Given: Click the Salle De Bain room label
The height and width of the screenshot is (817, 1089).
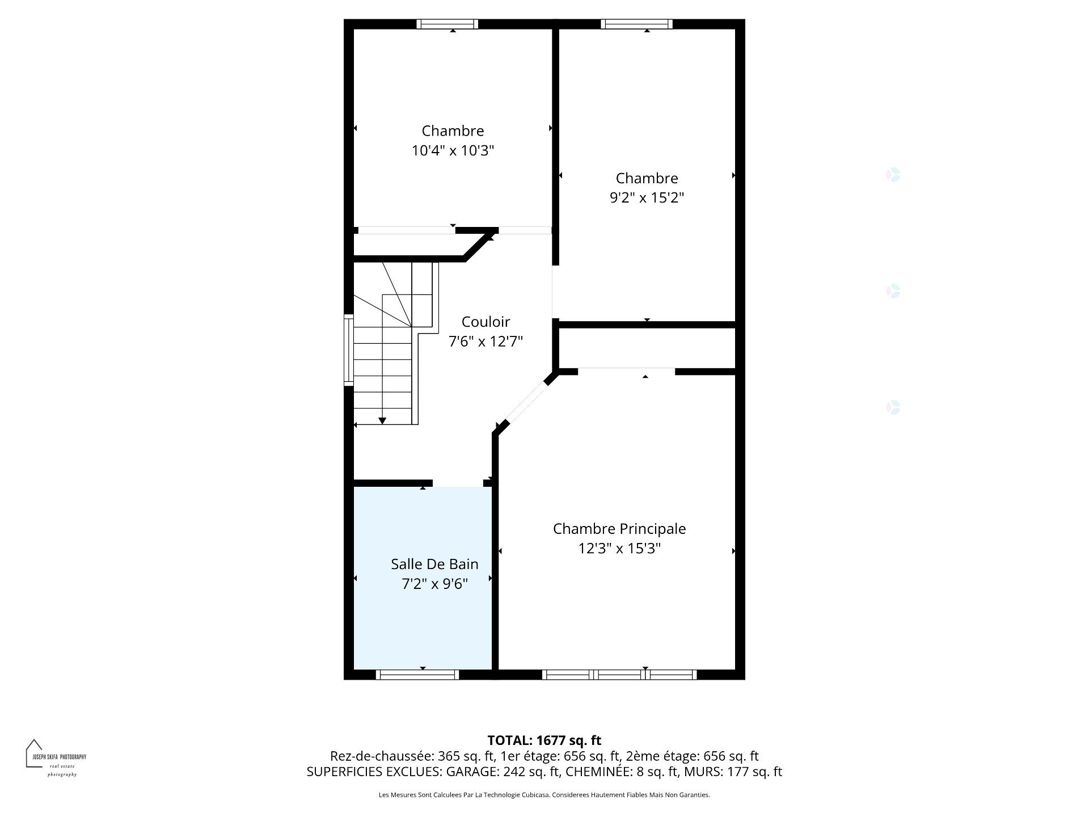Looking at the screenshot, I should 434,564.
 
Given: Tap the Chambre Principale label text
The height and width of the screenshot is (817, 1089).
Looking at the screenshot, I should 619,529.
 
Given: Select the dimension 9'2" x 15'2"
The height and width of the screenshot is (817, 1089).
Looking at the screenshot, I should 647,198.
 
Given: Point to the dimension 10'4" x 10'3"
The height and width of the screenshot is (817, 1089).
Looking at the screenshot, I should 453,151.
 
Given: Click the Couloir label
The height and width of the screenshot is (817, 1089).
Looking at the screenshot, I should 486,322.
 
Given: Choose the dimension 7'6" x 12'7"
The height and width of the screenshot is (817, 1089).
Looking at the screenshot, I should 486,342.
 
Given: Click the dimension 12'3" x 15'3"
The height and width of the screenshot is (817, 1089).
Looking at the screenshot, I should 619,549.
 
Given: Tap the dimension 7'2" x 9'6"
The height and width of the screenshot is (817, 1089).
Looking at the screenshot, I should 434,584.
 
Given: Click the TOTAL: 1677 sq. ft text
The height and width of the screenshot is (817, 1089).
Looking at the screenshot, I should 544,740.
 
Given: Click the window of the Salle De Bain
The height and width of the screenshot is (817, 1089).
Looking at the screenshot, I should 417,675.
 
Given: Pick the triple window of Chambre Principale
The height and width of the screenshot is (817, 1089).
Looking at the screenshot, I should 619,675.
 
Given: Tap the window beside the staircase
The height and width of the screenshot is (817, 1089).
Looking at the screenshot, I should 349,350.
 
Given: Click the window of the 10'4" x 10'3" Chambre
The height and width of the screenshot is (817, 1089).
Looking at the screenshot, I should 447,24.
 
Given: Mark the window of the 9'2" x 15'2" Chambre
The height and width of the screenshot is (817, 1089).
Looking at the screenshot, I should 636,24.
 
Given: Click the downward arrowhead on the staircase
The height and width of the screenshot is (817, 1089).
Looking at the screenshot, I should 382,421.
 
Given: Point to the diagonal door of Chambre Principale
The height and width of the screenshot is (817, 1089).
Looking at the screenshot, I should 526,402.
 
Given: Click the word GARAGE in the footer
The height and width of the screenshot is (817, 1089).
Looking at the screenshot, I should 471,772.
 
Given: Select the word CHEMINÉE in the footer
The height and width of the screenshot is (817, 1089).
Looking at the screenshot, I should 598,772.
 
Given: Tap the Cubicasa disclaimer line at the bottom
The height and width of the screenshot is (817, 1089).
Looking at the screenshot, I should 544,795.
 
